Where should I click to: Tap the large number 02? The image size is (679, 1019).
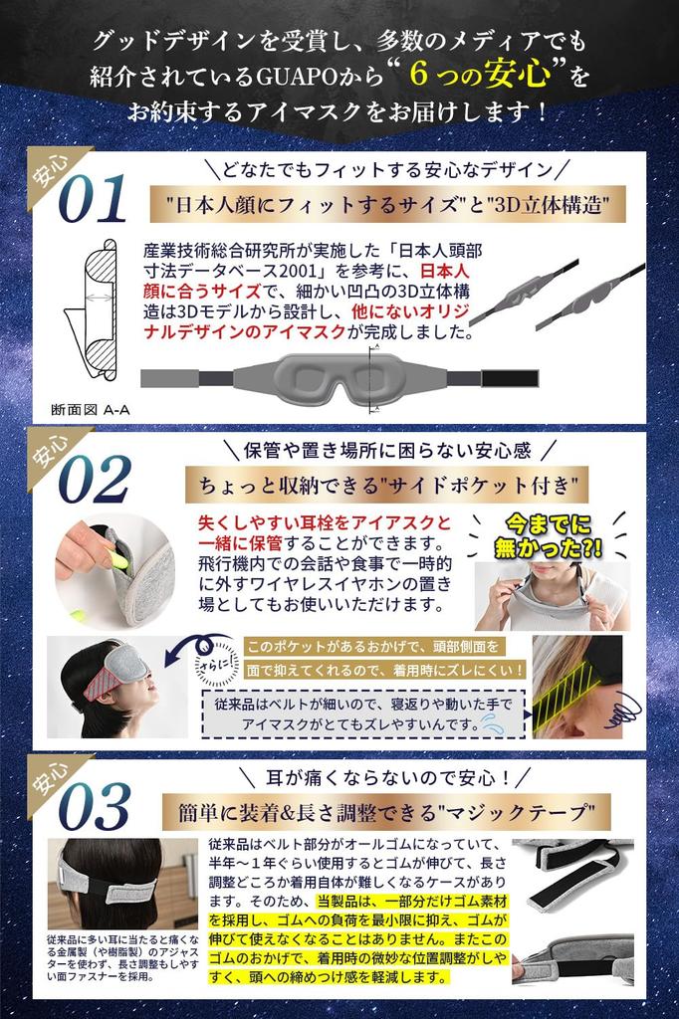pyautogui.click(x=94, y=482)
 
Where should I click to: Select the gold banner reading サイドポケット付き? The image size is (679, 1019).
pyautogui.click(x=386, y=485)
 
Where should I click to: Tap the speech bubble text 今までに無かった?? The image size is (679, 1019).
pyautogui.click(x=549, y=533)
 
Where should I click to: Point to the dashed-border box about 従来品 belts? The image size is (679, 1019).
pyautogui.click(x=363, y=713)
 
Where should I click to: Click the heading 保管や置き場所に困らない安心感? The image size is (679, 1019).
pyautogui.click(x=387, y=450)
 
